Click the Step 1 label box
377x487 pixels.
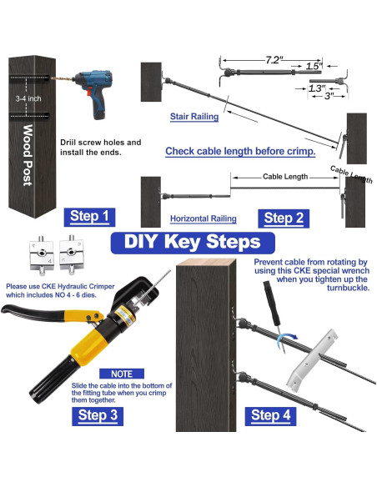click(x=89, y=217)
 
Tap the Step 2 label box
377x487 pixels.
click(x=284, y=218)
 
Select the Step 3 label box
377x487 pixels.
click(x=98, y=416)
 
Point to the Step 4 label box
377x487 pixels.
click(x=270, y=416)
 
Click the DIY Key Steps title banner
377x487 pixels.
click(x=193, y=243)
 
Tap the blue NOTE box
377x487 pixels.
click(x=122, y=374)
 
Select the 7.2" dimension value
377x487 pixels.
click(x=274, y=60)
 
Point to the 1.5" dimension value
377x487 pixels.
click(x=314, y=66)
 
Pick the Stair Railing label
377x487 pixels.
click(x=194, y=117)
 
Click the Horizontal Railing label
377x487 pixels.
click(x=203, y=218)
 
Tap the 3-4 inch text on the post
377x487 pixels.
click(x=28, y=98)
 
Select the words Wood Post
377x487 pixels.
click(x=28, y=155)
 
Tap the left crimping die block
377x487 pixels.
click(x=42, y=254)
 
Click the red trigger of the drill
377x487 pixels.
click(x=89, y=92)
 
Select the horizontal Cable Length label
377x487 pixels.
click(x=285, y=177)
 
